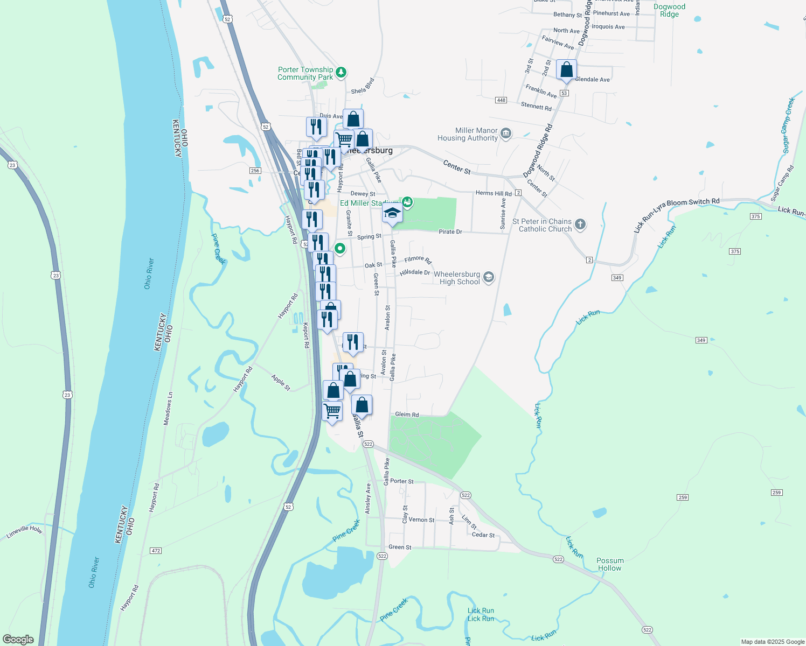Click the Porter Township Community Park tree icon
[341, 72]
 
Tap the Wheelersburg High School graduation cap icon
[489, 277]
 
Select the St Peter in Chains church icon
[580, 224]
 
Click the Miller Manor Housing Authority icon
[506, 134]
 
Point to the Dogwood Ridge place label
[669, 11]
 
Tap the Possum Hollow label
[610, 564]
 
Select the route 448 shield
[501, 100]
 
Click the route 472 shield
[156, 551]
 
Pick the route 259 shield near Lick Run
[683, 497]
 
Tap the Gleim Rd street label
[407, 415]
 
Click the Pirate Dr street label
[450, 231]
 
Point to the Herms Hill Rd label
[494, 193]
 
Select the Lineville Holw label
[24, 532]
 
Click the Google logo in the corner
[18, 640]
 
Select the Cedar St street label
[483, 535]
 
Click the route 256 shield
[255, 171]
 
